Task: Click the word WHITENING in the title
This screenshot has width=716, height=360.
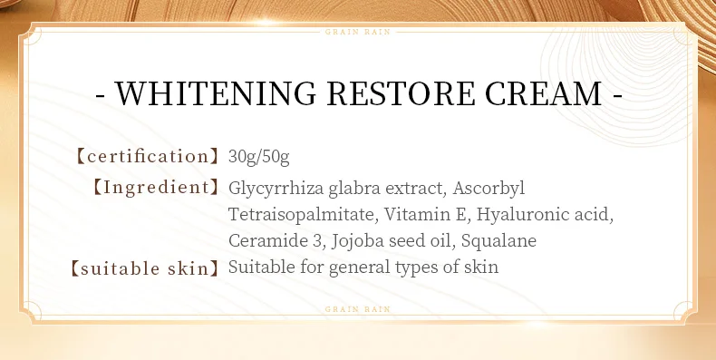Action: click(215, 93)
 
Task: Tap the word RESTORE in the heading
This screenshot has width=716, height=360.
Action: click(401, 93)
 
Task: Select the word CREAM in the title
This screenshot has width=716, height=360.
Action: click(543, 93)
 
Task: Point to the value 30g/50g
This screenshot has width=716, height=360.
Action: click(259, 157)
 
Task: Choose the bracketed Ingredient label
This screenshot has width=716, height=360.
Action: click(156, 188)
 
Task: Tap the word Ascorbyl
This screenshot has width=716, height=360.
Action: click(489, 189)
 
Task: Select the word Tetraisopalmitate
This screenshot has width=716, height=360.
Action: click(302, 215)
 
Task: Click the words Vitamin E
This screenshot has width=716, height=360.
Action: click(424, 214)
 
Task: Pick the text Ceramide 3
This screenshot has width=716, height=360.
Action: click(276, 241)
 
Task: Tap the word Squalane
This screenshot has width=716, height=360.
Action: click(498, 241)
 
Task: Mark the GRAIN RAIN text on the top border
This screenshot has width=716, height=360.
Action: click(357, 32)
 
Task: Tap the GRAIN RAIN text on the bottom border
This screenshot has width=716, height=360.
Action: click(357, 310)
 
